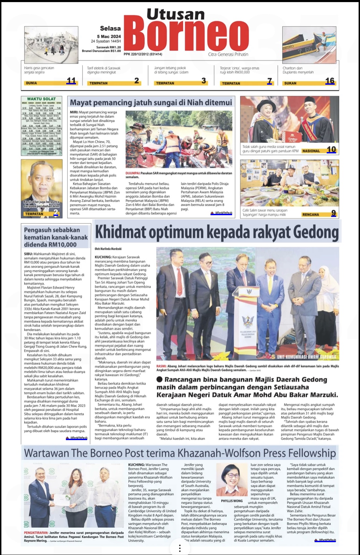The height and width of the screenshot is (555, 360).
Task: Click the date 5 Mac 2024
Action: (109, 36)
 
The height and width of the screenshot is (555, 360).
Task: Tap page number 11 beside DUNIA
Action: (71, 81)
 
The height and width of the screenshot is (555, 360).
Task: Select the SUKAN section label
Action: (290, 83)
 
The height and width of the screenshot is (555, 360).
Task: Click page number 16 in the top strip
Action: (330, 81)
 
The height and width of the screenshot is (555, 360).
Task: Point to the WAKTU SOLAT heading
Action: (41, 99)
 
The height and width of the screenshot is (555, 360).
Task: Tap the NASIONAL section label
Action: (311, 151)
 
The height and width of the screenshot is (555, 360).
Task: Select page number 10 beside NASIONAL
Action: (331, 149)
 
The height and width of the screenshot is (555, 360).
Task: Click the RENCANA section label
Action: (310, 215)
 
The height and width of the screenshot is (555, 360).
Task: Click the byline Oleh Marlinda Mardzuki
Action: (108, 249)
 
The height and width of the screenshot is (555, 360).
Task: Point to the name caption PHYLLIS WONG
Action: (232, 501)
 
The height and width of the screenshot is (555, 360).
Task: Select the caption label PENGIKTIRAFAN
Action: (36, 532)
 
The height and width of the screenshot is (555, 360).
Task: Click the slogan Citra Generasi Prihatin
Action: (228, 54)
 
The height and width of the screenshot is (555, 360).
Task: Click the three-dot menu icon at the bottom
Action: (180, 548)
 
